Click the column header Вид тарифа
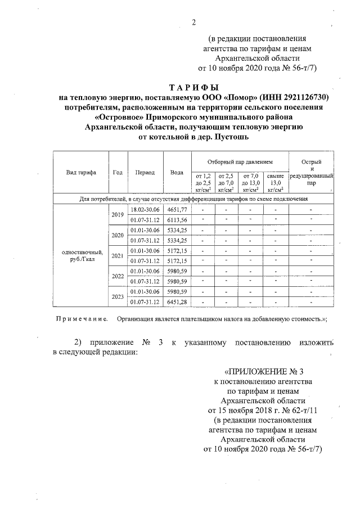tap(81, 172)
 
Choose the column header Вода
tap(177, 172)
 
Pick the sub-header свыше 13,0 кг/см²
tap(276, 182)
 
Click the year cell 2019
tap(118, 215)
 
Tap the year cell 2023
tap(118, 296)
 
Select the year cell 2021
tap(118, 256)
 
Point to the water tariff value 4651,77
tap(177, 210)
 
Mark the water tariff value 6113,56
tap(177, 220)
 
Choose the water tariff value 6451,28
tap(177, 302)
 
